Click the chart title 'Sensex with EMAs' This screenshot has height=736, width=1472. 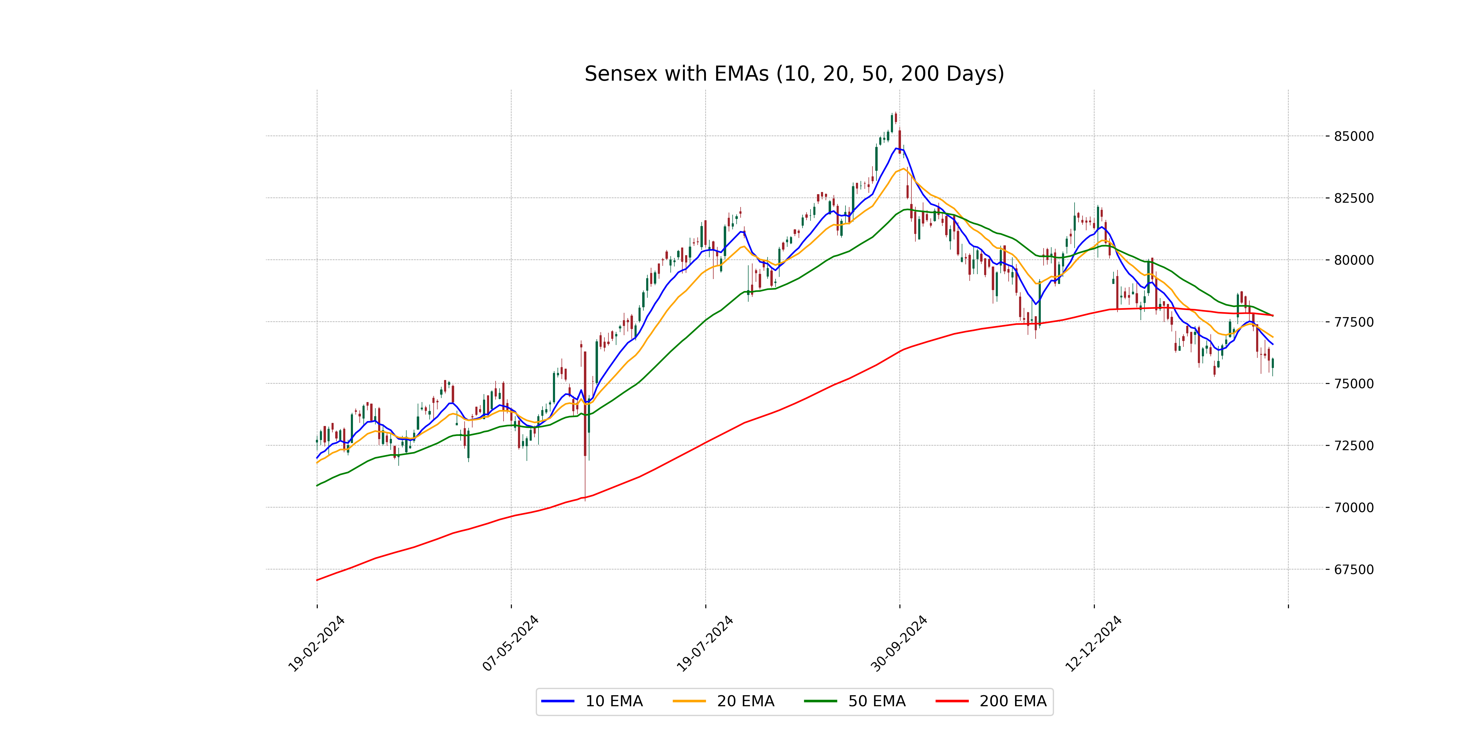tap(794, 74)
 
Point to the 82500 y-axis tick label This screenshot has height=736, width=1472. tap(1353, 198)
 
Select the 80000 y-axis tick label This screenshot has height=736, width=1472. tap(1353, 260)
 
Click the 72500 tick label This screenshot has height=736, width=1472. tap(1353, 446)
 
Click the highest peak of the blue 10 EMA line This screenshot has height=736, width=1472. tap(897, 148)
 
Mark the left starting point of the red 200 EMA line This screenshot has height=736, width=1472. tap(317, 580)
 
